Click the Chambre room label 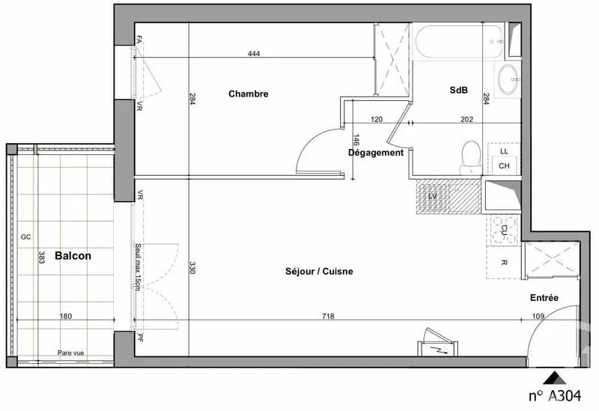pos(249,94)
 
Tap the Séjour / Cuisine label pos(319,271)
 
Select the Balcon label pos(73,255)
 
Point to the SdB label pos(458,90)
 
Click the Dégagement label pos(376,153)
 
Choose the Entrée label pos(544,297)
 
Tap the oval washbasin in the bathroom pos(508,79)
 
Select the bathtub pos(459,41)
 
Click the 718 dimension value pos(328,316)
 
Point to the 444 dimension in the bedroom pos(254,53)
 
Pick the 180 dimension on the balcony pos(66,316)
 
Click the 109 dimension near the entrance pos(538,316)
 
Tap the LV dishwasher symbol pos(433,196)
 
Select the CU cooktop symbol pos(504,230)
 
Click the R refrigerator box pos(504,263)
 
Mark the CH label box pos(504,165)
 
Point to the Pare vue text pos(70,353)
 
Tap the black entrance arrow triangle pos(555,377)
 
